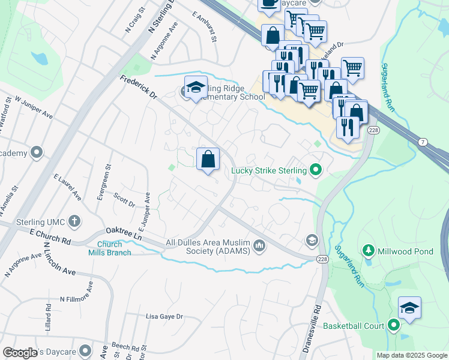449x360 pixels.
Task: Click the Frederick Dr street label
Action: coord(138,87)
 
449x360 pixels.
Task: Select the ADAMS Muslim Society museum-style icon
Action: coord(259,245)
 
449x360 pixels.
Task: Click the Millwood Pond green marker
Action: coord(368,249)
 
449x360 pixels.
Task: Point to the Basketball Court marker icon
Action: coord(394,326)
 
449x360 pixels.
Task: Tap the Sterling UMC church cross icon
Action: coord(74,221)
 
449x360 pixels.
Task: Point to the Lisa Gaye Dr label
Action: coord(164,316)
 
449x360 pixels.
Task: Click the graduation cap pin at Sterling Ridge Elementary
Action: coord(196,88)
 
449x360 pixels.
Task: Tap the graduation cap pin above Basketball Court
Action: coord(409,308)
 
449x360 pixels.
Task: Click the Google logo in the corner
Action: coord(20,353)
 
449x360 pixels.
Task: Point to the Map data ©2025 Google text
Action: coord(412,355)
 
